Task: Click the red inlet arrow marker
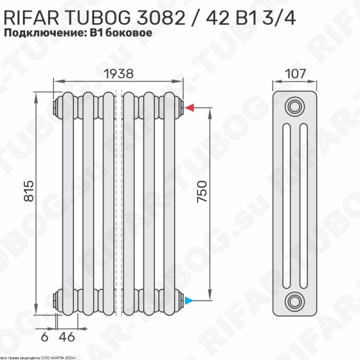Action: click(x=189, y=108)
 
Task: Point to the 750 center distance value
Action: click(x=202, y=193)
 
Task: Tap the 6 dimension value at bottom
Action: click(x=44, y=337)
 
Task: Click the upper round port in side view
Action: click(x=294, y=107)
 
